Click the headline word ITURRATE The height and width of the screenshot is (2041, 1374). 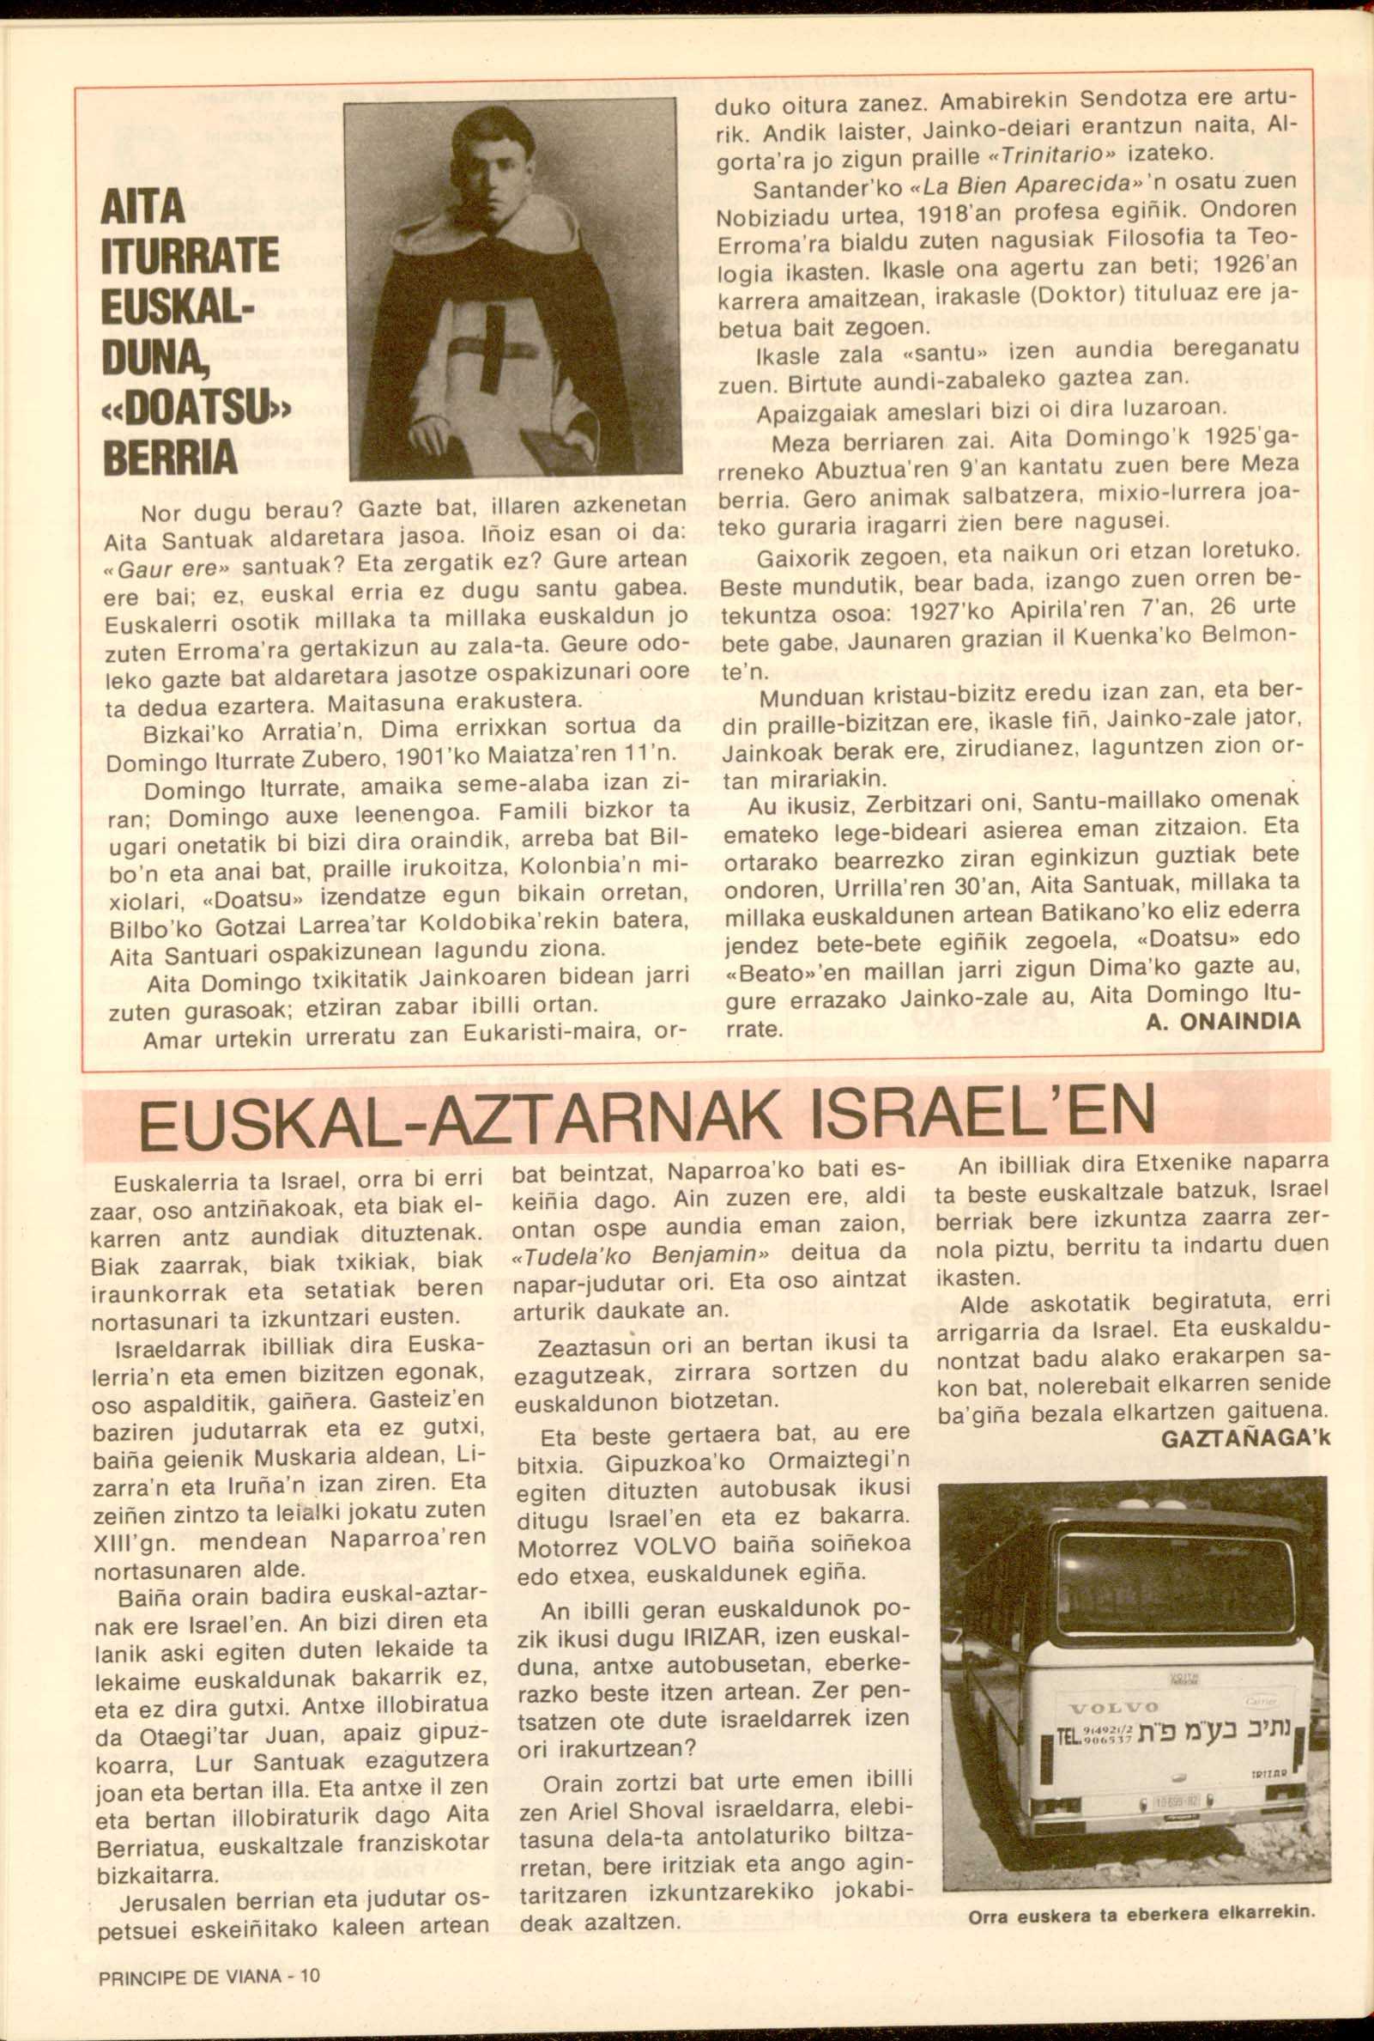click(191, 256)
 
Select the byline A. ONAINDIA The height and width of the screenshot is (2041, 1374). click(1223, 1023)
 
